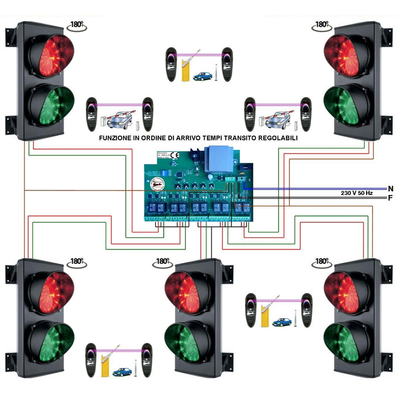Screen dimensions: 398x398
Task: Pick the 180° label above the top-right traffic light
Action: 322,25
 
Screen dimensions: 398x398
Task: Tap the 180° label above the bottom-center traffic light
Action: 163,262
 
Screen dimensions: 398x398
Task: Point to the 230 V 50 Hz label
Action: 356,193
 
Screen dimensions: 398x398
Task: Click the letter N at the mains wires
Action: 390,188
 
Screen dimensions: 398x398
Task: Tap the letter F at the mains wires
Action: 390,198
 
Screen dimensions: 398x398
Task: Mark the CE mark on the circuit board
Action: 176,154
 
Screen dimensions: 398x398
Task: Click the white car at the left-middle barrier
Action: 119,119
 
